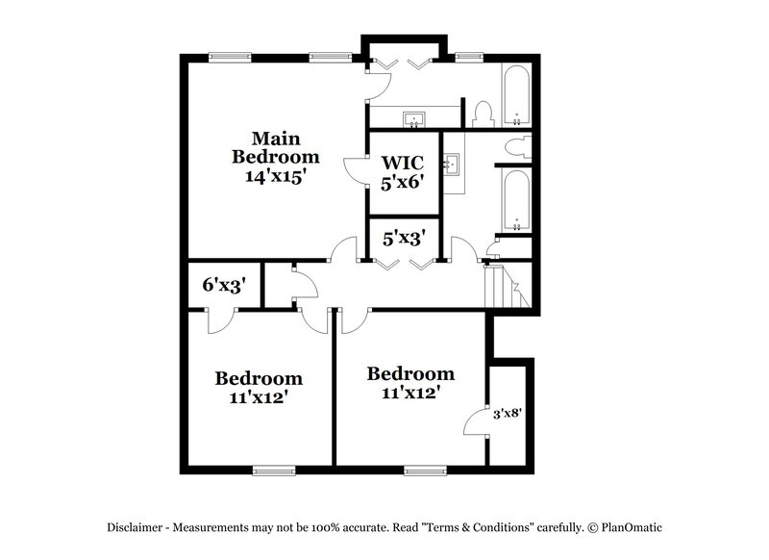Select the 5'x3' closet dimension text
404,237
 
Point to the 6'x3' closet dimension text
222,285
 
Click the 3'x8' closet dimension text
508,414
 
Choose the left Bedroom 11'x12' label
258,387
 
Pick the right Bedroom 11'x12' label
410,382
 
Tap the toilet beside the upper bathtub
484,115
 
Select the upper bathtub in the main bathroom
516,97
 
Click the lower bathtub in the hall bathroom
516,202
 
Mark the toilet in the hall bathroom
519,147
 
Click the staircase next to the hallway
505,287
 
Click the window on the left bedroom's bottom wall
273,471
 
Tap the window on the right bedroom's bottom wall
425,471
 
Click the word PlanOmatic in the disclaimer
631,527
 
